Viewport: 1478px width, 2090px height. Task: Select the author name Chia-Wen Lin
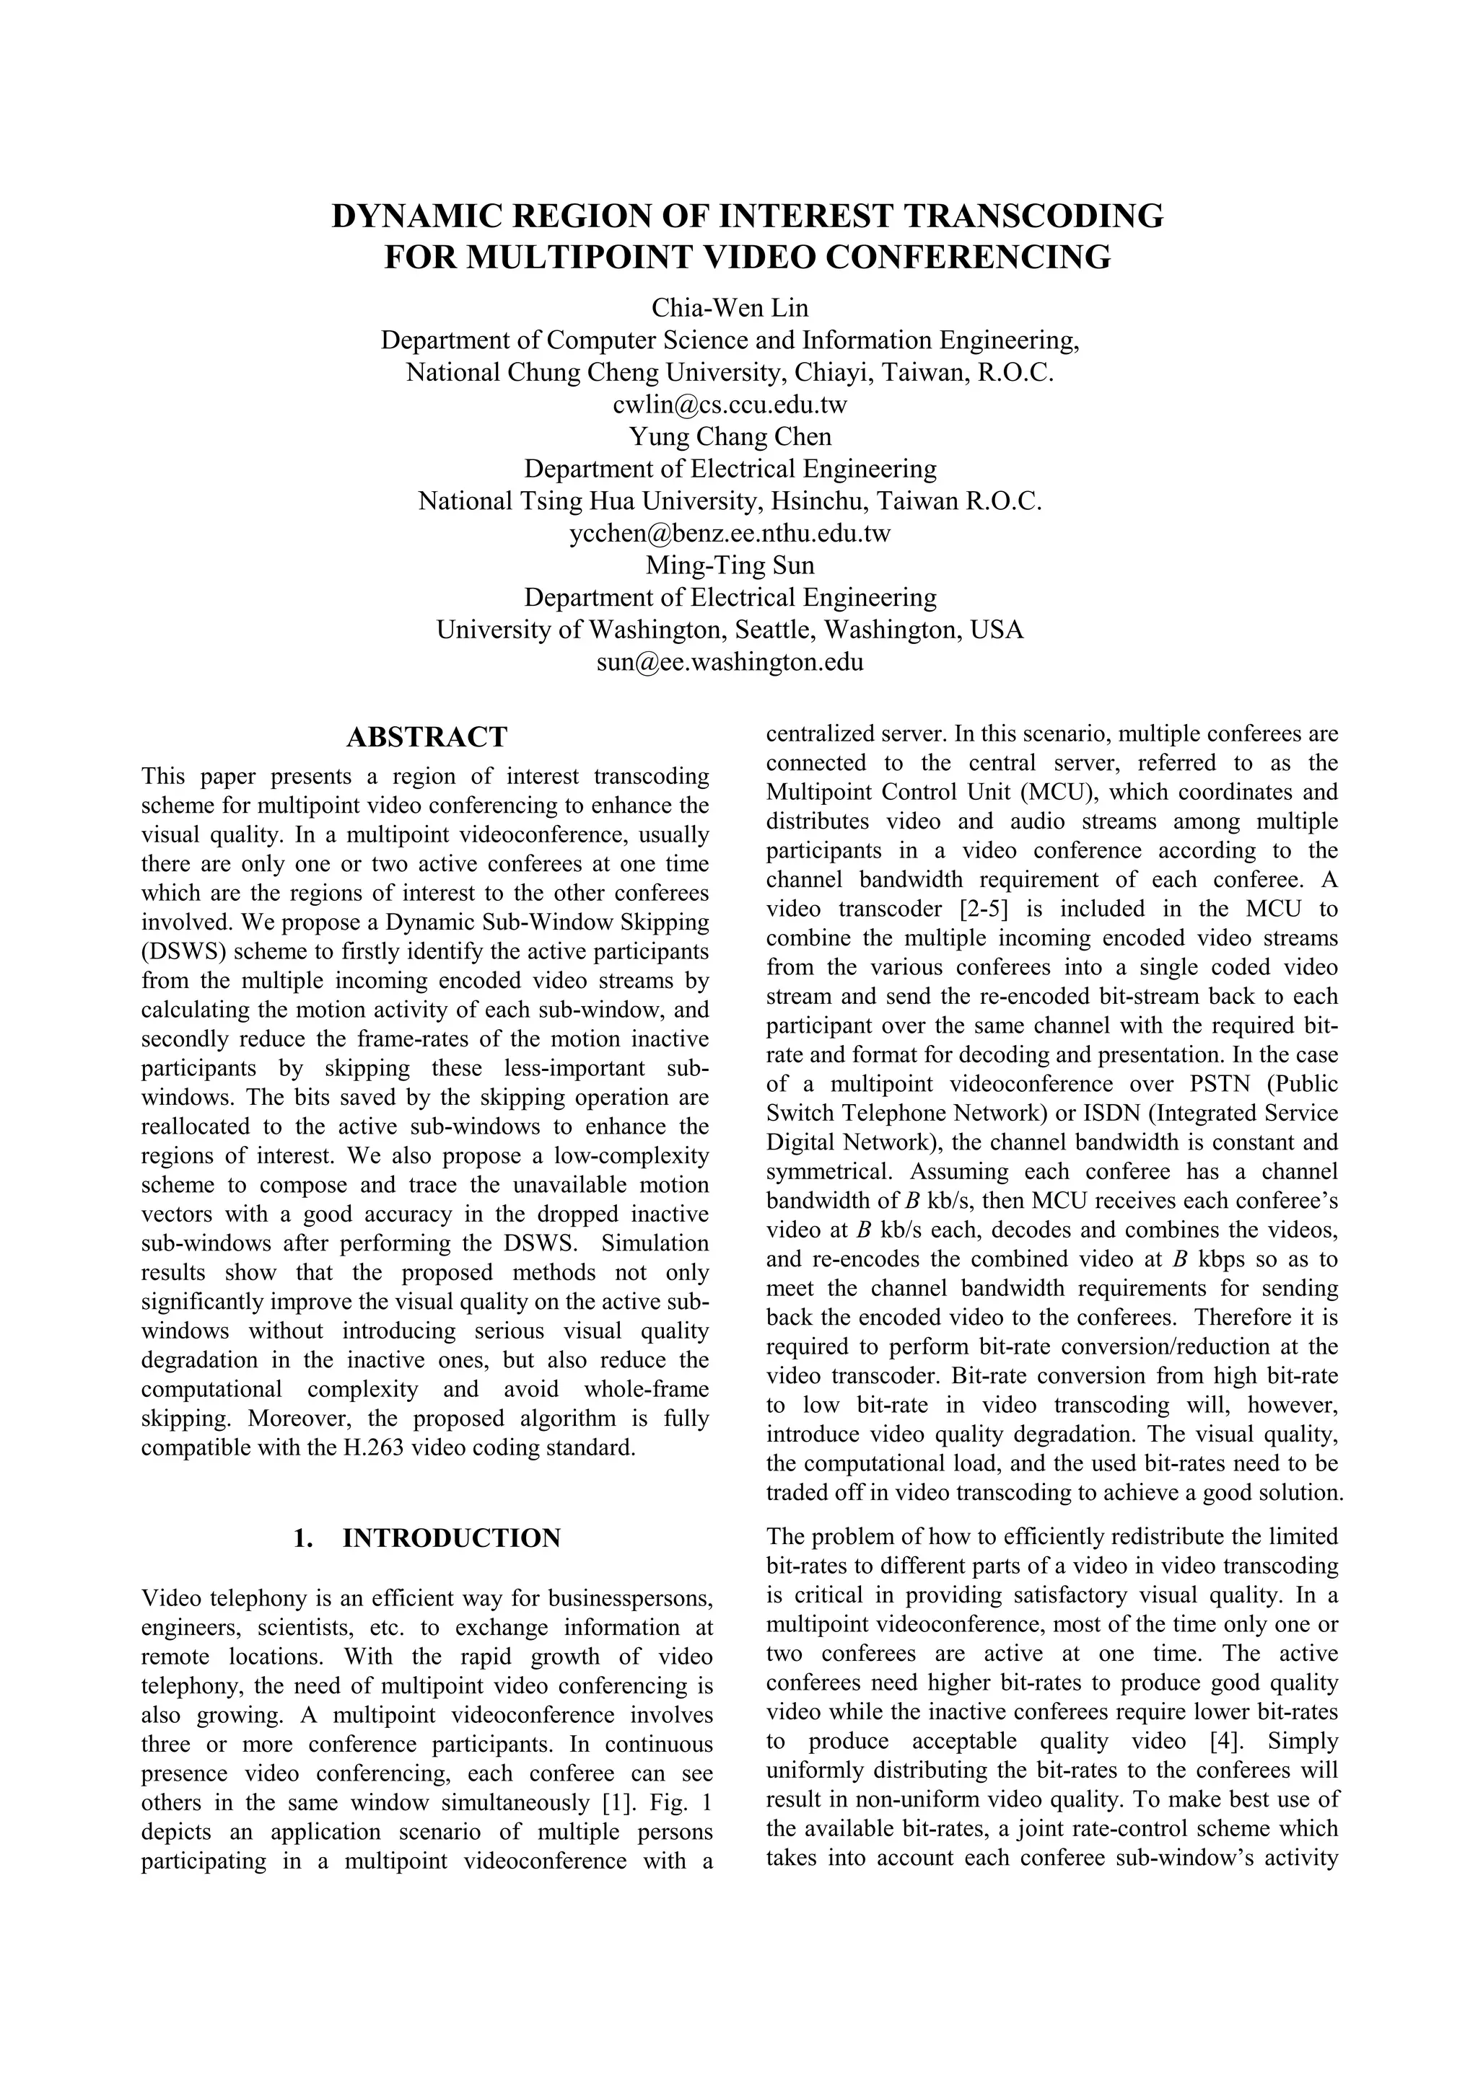tap(730, 308)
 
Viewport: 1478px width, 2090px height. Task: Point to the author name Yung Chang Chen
tap(730, 437)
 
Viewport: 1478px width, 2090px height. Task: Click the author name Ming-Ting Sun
tap(730, 565)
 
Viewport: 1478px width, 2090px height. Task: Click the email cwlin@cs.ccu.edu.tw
tap(730, 404)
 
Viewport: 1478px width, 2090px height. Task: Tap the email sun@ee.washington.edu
tap(730, 662)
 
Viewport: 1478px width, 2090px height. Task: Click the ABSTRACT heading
tap(427, 736)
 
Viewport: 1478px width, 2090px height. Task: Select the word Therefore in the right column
tap(1244, 1317)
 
